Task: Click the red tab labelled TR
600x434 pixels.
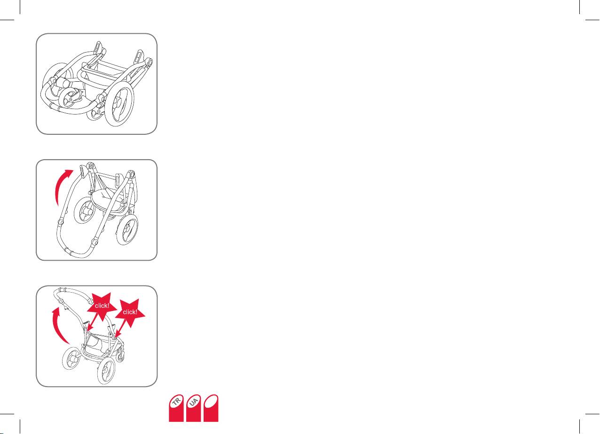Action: [x=176, y=408]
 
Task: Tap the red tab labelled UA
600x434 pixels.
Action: [x=193, y=408]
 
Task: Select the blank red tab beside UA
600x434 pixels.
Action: [x=211, y=408]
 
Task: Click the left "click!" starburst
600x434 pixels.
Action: [x=102, y=306]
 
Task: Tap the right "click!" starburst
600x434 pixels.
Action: [x=130, y=312]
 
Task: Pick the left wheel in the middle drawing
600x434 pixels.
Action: [x=85, y=210]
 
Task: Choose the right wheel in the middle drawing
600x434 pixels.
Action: [x=127, y=230]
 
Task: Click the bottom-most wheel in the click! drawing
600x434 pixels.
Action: [x=106, y=372]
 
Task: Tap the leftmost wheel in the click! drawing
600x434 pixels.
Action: [x=71, y=359]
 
